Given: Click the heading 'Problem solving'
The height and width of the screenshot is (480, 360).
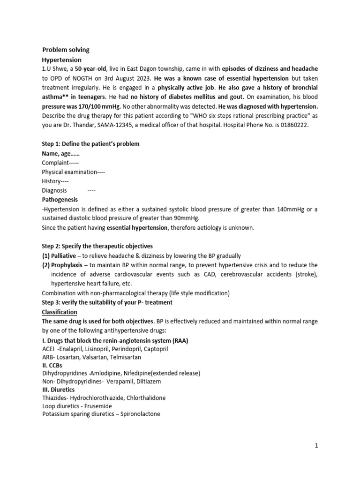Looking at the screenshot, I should (66, 50).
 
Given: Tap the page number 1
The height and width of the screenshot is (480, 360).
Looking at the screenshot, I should (316, 446).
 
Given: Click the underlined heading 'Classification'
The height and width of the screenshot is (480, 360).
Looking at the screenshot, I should (60, 312).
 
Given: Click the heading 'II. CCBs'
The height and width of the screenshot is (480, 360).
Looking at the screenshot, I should (52, 365).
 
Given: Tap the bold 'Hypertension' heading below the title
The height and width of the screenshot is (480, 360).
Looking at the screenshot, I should (62, 60).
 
